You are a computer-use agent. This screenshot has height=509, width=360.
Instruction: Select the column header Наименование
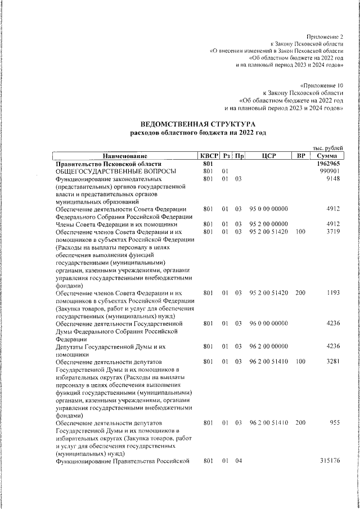[124, 156]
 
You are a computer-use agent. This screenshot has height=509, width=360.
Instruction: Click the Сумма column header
[326, 156]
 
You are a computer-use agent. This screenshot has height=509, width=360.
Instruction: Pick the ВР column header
[301, 156]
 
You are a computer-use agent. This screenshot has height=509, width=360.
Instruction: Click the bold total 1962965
[327, 164]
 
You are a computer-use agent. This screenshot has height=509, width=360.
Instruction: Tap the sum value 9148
[334, 179]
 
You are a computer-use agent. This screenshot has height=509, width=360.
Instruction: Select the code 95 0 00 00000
[268, 209]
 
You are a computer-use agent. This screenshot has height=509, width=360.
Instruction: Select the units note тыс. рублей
[327, 147]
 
